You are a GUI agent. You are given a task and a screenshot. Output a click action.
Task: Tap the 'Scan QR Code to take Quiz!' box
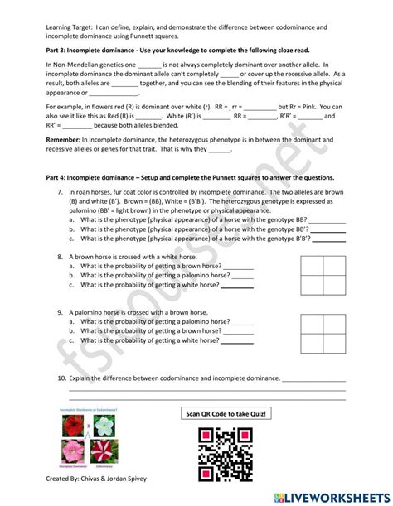pos(226,413)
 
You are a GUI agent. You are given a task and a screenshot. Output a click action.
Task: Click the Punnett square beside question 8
pos(323,274)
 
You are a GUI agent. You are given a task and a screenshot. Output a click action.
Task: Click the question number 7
pos(61,191)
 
